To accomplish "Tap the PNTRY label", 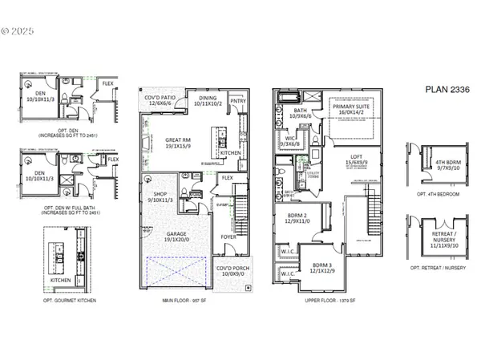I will pyautogui.click(x=238, y=102).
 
